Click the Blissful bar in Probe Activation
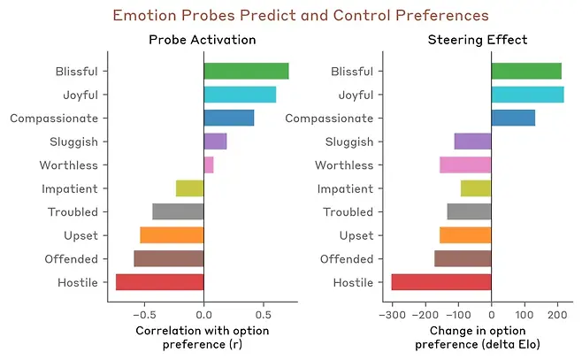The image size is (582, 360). point(246,72)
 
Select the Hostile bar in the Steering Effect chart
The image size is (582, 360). point(440,282)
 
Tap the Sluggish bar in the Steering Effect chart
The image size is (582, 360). point(472,142)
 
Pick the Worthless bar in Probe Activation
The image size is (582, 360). point(209,165)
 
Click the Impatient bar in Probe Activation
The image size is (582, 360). point(190,188)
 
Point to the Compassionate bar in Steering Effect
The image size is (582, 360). point(513,118)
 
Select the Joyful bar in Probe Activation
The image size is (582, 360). point(240,95)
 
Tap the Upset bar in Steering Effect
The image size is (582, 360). point(465,235)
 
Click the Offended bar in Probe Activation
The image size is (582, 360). point(169,258)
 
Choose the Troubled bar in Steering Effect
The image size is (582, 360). point(469,211)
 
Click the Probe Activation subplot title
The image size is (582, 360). point(203,40)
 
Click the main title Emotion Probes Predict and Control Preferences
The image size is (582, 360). point(301,15)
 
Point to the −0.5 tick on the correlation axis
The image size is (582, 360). point(144,312)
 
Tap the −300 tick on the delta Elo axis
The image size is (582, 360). point(391,312)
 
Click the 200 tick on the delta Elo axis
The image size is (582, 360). point(558,312)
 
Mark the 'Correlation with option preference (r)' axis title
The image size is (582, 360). point(203,337)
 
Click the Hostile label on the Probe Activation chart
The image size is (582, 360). point(79,282)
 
